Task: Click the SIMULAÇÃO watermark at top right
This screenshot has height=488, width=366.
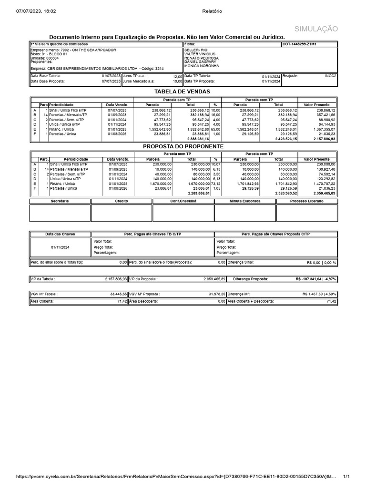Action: point(316,29)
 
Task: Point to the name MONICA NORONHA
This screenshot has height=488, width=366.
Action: point(202,66)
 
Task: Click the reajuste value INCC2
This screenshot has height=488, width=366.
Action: point(330,76)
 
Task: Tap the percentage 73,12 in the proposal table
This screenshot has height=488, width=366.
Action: point(216,183)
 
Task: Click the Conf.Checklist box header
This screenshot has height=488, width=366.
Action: point(183,202)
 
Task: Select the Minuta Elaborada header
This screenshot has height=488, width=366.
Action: point(245,202)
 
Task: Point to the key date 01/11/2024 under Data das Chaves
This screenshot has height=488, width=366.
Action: point(60,248)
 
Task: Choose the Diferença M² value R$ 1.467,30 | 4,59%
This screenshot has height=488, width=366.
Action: point(319,295)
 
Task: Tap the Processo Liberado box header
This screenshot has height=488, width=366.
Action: point(306,202)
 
